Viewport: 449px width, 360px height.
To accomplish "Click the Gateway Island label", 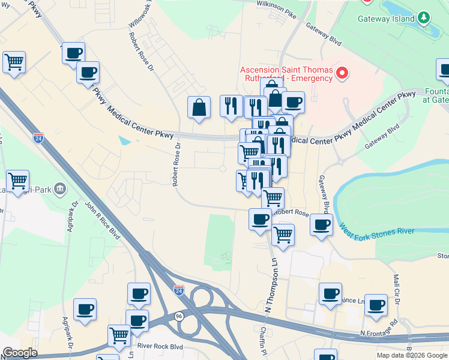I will pyautogui.click(x=386, y=19).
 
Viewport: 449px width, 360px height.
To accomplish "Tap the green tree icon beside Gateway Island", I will pyautogui.click(x=424, y=18).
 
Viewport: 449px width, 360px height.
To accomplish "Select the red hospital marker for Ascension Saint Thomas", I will pyautogui.click(x=342, y=74).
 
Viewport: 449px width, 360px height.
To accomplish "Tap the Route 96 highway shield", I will pyautogui.click(x=179, y=316).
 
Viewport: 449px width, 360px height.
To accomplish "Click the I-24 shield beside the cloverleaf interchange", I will pyautogui.click(x=179, y=290).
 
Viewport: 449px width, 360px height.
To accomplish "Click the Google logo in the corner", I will pyautogui.click(x=20, y=353).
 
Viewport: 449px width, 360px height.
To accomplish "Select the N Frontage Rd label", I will pyautogui.click(x=379, y=332).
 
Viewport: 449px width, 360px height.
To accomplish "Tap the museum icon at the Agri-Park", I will pyautogui.click(x=59, y=190).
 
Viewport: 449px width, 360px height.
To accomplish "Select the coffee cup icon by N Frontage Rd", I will pyautogui.click(x=376, y=305).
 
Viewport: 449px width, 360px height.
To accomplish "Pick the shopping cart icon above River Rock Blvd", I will pyautogui.click(x=119, y=335).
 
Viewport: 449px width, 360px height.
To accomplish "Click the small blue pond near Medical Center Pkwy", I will pyautogui.click(x=124, y=141).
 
